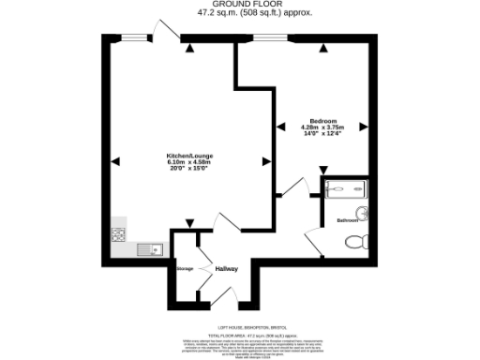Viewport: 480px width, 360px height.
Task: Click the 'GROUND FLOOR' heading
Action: pyautogui.click(x=240, y=5)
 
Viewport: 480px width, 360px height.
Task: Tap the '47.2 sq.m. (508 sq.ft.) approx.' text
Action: pyautogui.click(x=240, y=14)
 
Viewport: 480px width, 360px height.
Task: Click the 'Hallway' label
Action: pyautogui.click(x=228, y=269)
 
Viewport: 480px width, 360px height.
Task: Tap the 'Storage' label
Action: pyautogui.click(x=185, y=269)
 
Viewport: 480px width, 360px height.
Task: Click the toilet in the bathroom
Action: pyautogui.click(x=355, y=242)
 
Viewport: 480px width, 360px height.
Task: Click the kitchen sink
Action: pyautogui.click(x=150, y=248)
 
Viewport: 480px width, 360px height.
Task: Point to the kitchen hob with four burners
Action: pyautogui.click(x=119, y=235)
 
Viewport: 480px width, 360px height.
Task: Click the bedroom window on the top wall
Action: pyautogui.click(x=270, y=37)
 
